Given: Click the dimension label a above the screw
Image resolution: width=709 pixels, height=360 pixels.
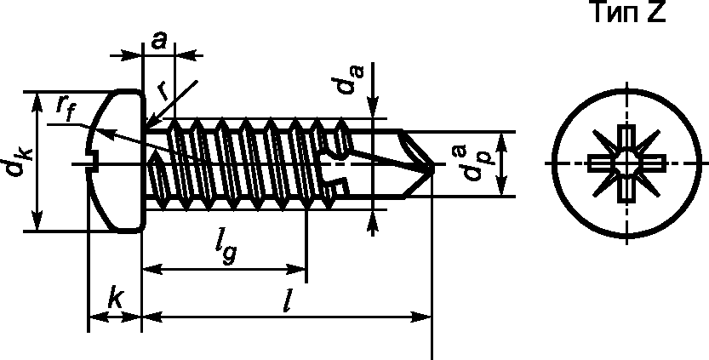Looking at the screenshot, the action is [x=158, y=41].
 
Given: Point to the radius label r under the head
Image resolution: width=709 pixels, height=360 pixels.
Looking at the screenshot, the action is [x=163, y=92].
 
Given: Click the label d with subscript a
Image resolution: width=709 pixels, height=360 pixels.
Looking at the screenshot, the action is [x=350, y=80].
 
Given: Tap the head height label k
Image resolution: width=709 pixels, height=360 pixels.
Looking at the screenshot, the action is [x=115, y=300].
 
